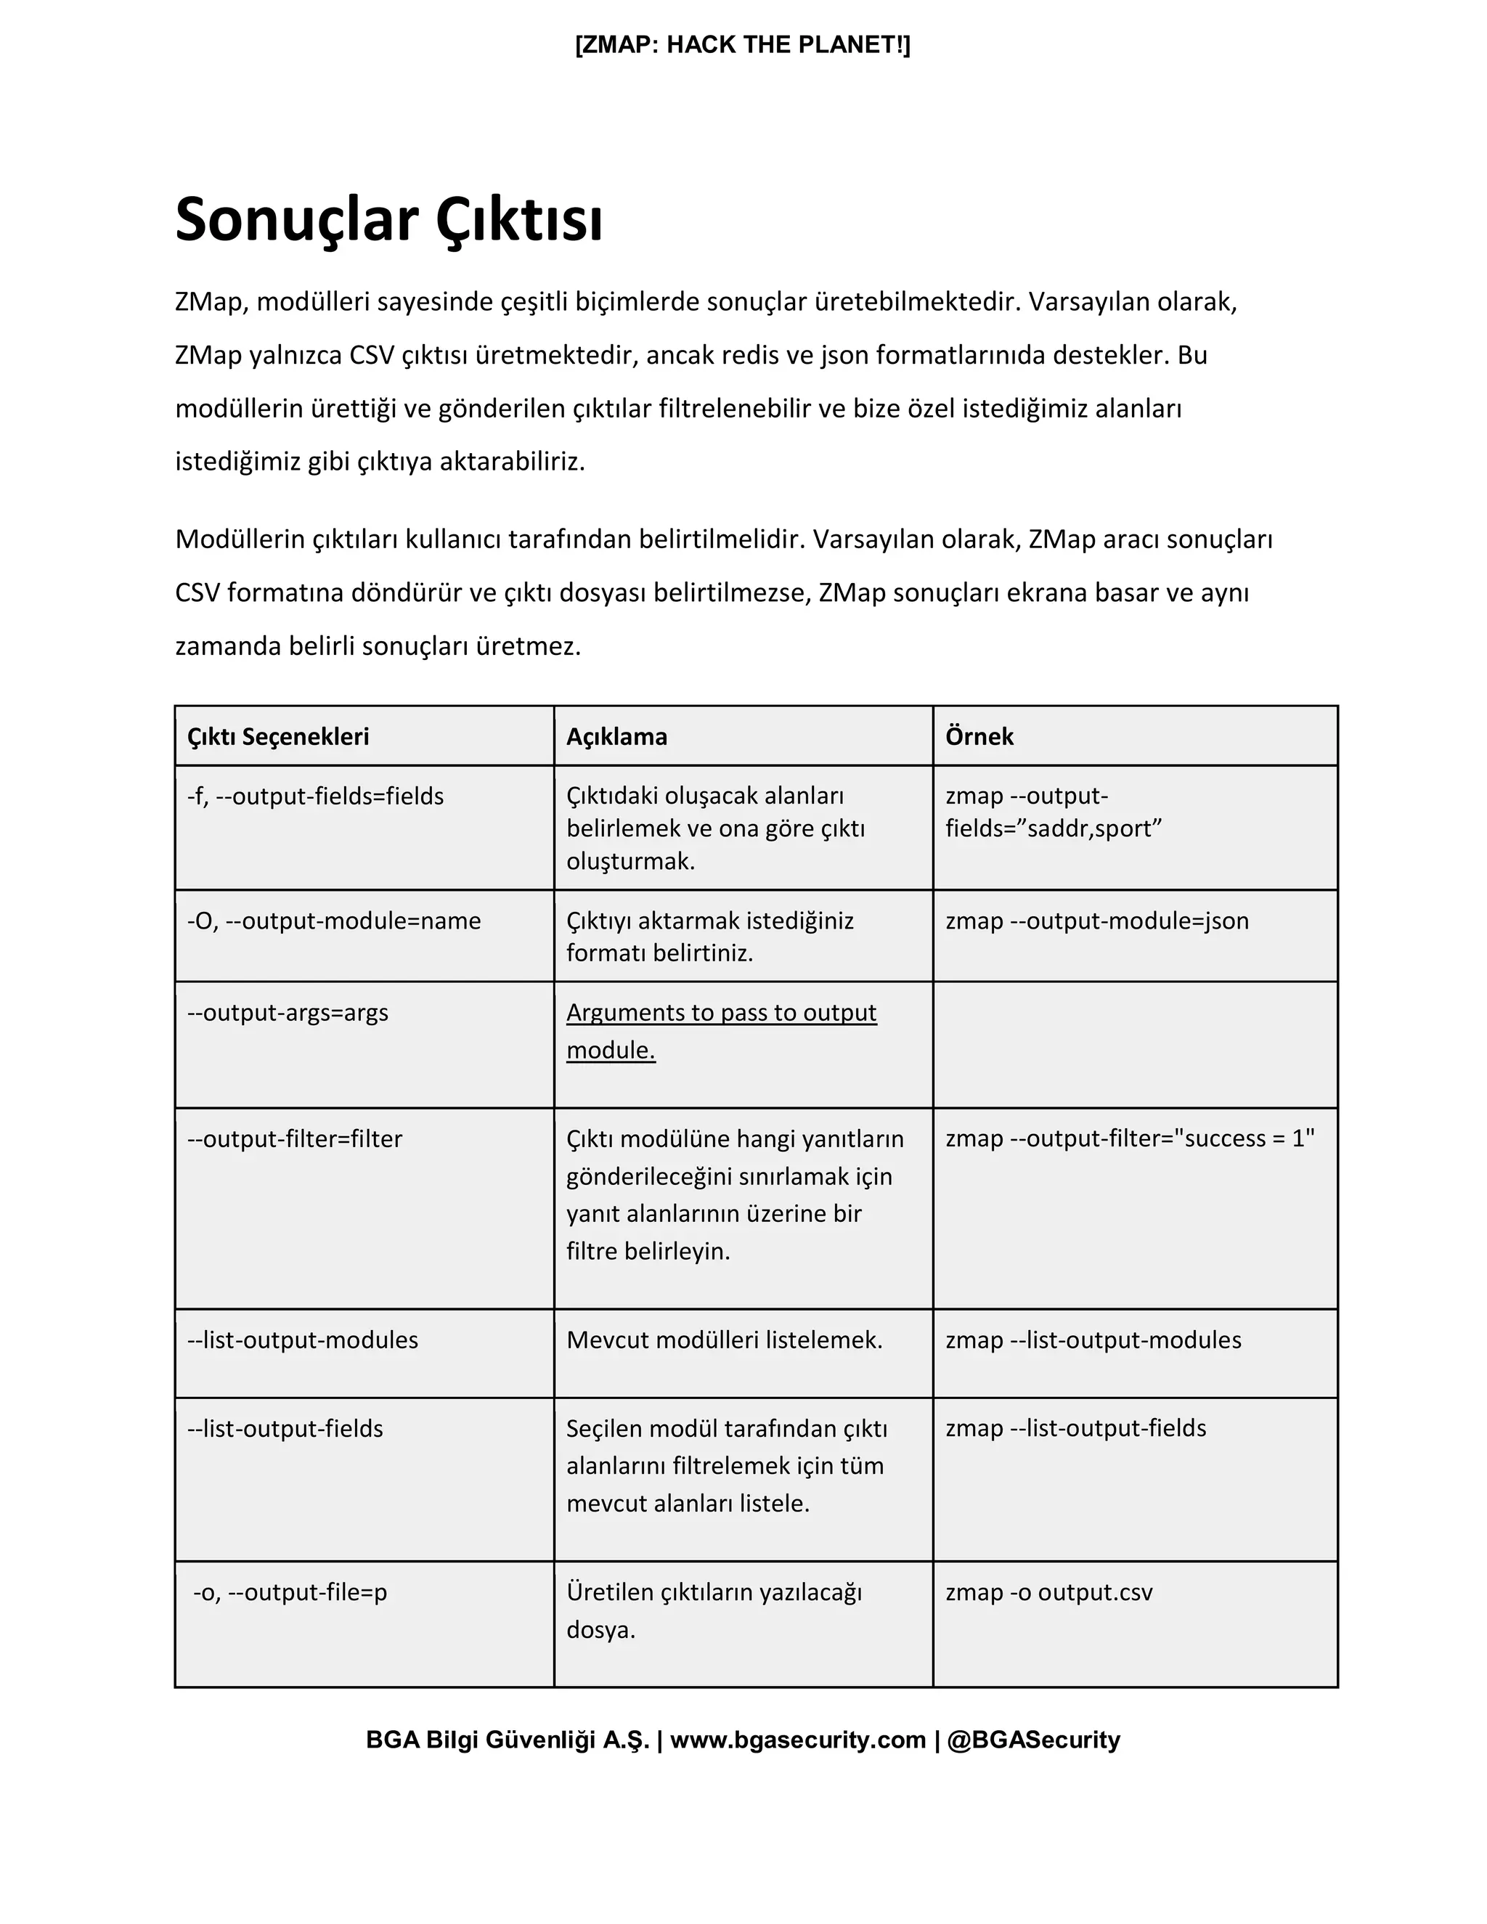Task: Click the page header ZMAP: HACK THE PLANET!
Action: [x=743, y=45]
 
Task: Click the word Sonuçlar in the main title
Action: [x=296, y=220]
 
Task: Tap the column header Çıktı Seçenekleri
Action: [x=277, y=736]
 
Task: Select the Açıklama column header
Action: [x=616, y=736]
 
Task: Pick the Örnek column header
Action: [x=979, y=736]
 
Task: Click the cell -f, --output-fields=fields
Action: [x=315, y=796]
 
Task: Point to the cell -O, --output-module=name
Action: [x=334, y=921]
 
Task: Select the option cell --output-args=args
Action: [x=288, y=1012]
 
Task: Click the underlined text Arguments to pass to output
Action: [x=720, y=1012]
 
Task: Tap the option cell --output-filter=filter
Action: [x=294, y=1139]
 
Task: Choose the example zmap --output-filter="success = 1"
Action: [x=1129, y=1138]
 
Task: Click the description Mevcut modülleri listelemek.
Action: [x=724, y=1340]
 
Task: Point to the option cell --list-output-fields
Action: [x=285, y=1428]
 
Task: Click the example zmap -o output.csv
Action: [x=1048, y=1592]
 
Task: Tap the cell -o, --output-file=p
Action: [x=290, y=1592]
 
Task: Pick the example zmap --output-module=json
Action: [x=1097, y=921]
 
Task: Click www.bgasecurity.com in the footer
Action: [x=797, y=1740]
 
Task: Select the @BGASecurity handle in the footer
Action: [x=1032, y=1740]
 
